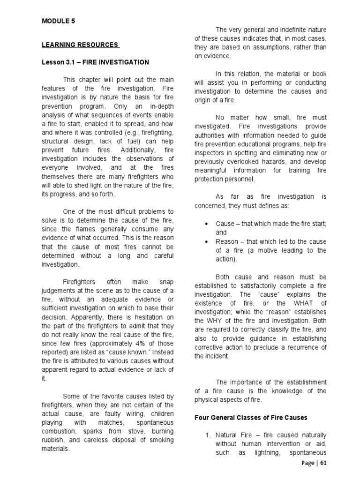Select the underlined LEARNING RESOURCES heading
click(x=80, y=45)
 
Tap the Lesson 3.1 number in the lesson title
click(x=69, y=62)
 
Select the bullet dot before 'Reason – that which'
click(x=207, y=241)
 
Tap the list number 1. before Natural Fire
click(x=209, y=435)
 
